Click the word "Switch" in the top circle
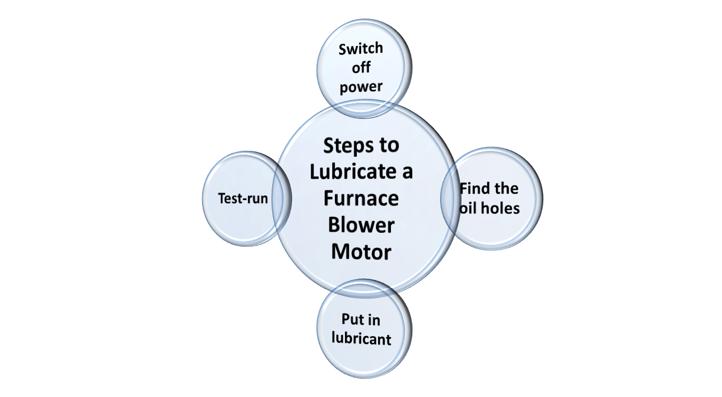[x=361, y=49]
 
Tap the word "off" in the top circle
[x=361, y=68]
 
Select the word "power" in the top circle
[x=361, y=87]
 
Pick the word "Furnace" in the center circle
[x=362, y=198]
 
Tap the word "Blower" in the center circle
[x=362, y=225]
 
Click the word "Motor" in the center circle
[x=362, y=251]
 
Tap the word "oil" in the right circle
[x=468, y=208]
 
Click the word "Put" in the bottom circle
[x=352, y=320]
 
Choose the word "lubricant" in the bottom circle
[x=362, y=339]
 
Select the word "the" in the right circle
[x=506, y=189]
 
